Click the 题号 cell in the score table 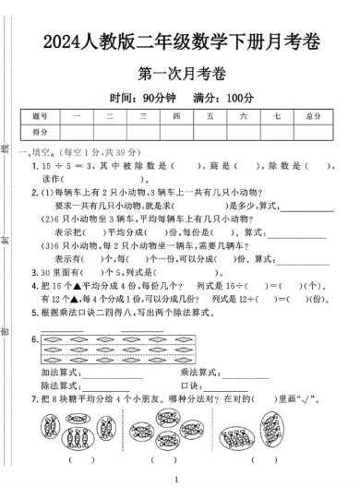40,116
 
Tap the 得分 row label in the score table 40,132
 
